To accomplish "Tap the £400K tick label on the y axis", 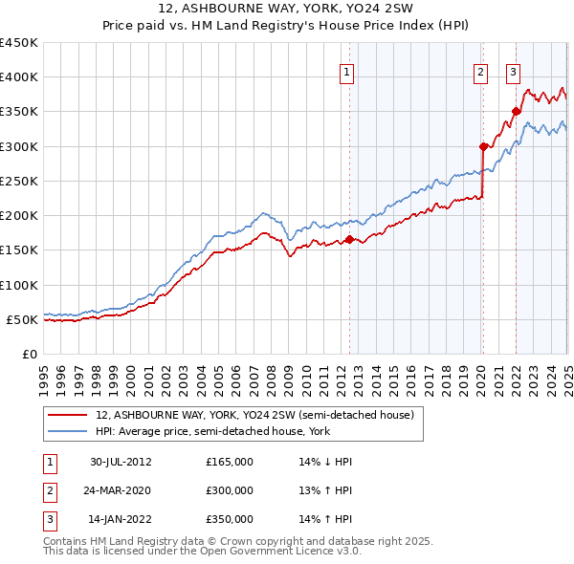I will click(x=19, y=77).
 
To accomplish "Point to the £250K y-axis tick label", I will click(x=19, y=181).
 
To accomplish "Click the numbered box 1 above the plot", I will click(x=345, y=71).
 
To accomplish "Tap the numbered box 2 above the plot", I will click(x=479, y=71).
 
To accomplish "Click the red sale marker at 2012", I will click(x=350, y=240).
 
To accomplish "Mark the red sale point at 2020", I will click(x=484, y=146).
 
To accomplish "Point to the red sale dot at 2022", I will click(x=516, y=112).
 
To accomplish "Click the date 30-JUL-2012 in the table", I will click(x=121, y=462).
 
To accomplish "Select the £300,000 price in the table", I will click(x=230, y=490).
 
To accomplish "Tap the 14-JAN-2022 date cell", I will click(x=121, y=519).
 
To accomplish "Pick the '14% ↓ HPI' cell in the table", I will click(x=326, y=462).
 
